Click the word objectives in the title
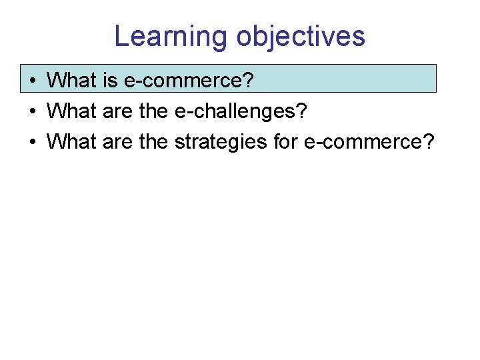301,36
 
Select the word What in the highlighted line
72,81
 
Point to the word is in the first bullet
110,81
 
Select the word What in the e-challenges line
72,111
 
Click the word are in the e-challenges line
118,111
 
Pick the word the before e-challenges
154,111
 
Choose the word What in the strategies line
72,141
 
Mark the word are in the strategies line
118,141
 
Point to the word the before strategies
154,141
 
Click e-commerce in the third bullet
363,141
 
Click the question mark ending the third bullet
428,141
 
